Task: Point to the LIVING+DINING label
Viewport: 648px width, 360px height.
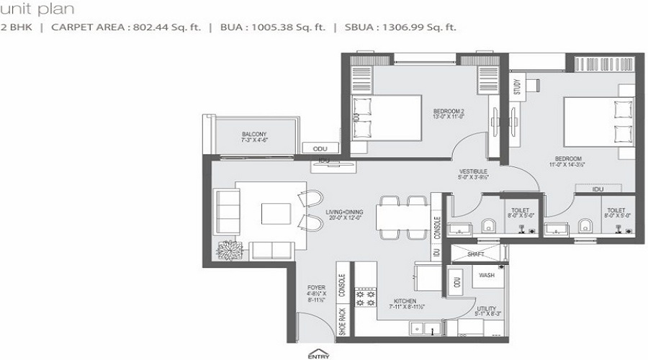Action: [344, 211]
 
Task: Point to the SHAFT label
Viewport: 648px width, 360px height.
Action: [475, 253]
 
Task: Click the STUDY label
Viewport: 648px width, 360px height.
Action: [517, 86]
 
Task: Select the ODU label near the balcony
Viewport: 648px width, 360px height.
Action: [320, 148]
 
